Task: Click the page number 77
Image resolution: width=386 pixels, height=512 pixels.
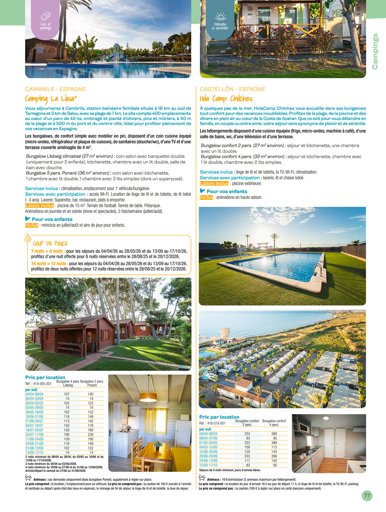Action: [x=367, y=496]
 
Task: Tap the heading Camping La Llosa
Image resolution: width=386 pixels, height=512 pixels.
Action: [x=51, y=99]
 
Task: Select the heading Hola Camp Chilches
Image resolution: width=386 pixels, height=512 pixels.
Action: [x=226, y=99]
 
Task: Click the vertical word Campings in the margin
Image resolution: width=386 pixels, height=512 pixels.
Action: [x=375, y=51]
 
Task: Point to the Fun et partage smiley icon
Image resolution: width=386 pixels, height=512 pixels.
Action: [x=45, y=16]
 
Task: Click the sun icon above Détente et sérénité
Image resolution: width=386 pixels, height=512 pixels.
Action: [x=220, y=16]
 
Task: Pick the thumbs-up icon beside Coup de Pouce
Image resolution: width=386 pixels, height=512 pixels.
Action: [x=28, y=238]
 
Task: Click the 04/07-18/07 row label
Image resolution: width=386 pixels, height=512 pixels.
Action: [x=34, y=426]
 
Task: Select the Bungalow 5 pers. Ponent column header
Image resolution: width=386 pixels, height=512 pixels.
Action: [x=92, y=383]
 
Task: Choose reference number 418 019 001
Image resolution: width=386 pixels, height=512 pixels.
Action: [x=212, y=423]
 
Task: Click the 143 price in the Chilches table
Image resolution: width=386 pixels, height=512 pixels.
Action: [x=274, y=451]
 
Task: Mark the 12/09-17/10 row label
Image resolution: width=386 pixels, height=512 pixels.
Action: [x=208, y=465]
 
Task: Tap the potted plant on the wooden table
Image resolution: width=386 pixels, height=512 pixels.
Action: [x=158, y=444]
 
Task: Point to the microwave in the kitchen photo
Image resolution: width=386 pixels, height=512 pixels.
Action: [x=304, y=427]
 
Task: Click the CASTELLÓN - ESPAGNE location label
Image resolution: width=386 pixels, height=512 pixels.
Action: [x=232, y=89]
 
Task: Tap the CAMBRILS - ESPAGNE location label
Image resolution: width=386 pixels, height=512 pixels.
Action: [x=56, y=89]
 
